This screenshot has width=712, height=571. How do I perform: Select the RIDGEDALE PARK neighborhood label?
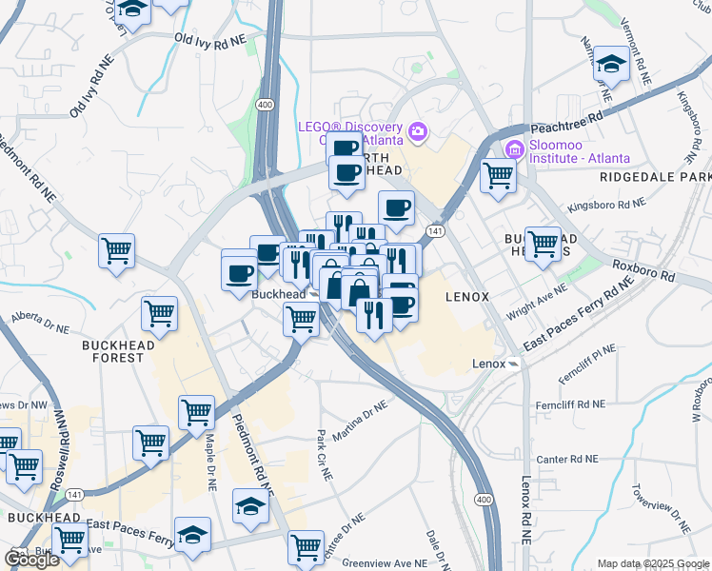click(x=655, y=178)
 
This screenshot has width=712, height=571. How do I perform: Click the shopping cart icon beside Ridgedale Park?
click(x=498, y=175)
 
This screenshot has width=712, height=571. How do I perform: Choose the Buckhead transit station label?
click(x=279, y=295)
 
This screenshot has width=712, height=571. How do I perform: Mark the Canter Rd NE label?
click(x=565, y=459)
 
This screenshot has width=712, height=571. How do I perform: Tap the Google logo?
click(x=31, y=560)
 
